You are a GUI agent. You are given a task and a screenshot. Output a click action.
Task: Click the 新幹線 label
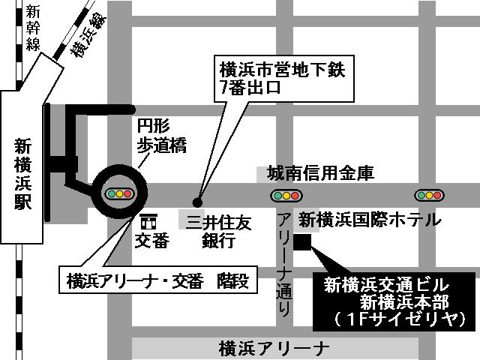32,28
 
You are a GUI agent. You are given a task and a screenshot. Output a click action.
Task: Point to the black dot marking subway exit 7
198,201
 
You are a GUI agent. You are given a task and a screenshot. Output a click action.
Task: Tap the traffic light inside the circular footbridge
119,194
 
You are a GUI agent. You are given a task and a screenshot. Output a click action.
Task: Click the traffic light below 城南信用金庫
286,196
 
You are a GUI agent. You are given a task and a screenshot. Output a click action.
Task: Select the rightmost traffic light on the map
430,195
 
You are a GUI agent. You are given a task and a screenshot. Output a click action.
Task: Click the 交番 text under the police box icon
151,241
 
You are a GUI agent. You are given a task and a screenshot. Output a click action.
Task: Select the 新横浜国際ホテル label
369,220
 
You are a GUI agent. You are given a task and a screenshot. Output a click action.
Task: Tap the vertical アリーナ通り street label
283,262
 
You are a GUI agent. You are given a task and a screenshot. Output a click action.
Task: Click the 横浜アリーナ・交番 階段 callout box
157,282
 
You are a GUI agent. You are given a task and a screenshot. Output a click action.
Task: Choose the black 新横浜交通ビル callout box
396,301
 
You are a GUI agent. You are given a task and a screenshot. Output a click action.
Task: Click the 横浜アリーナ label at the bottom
274,348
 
